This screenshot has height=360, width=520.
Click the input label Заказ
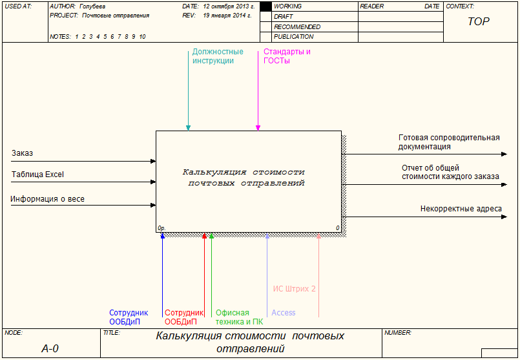(22, 153)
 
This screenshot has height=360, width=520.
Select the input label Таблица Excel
(37, 175)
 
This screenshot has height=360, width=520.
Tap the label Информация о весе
(47, 199)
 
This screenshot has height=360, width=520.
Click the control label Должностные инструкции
(218, 56)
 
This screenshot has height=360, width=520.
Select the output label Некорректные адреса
(461, 209)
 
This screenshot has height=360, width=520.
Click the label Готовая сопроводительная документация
(449, 142)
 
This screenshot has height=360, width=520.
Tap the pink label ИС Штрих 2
(294, 289)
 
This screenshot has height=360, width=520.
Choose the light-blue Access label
(283, 313)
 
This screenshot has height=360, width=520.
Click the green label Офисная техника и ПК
(239, 317)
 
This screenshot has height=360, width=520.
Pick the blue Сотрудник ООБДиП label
(129, 317)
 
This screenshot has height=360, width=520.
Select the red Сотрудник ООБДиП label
(184, 317)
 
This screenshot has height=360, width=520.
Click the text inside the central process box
(244, 177)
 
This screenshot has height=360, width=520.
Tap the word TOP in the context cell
(478, 21)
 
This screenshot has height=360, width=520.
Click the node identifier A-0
(50, 348)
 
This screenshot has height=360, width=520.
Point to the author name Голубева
(92, 6)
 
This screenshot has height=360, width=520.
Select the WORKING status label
(287, 6)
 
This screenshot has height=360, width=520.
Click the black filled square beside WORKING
(265, 6)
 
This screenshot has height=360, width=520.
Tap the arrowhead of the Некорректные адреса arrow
(504, 217)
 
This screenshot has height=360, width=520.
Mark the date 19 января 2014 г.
(227, 15)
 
